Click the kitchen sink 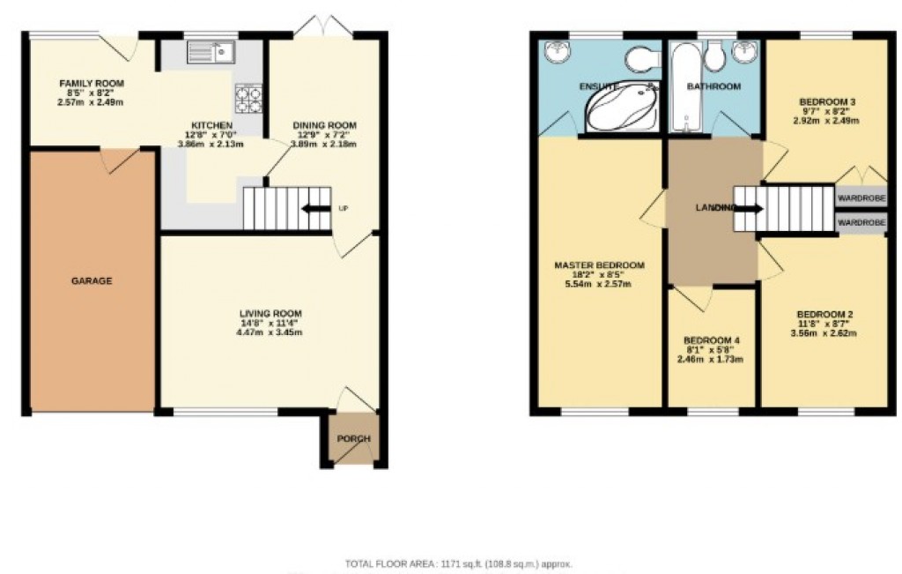coord(210,54)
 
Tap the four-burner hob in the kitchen coord(248,99)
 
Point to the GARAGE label coord(92,281)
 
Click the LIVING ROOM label coord(271,313)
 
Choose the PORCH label coord(354,439)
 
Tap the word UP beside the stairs coord(344,209)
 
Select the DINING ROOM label coord(324,125)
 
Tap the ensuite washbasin coord(557,53)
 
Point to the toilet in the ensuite coord(641,59)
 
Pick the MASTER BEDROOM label coord(599,265)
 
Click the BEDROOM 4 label coord(712,340)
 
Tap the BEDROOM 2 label coord(825,314)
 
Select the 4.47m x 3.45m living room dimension coord(271,332)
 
